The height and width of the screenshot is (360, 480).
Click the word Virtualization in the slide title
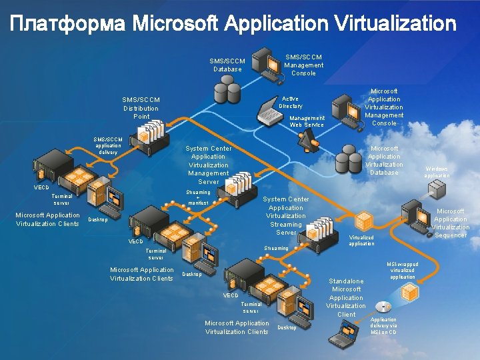click(395, 25)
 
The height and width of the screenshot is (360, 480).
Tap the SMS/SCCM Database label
click(227, 65)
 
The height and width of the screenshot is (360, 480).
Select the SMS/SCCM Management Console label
click(303, 65)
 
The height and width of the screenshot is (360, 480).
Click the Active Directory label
click(291, 102)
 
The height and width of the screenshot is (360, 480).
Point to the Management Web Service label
click(307, 121)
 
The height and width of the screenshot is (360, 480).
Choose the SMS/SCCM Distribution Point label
click(141, 108)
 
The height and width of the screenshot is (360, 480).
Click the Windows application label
click(437, 173)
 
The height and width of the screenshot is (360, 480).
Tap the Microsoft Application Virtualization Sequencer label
click(451, 223)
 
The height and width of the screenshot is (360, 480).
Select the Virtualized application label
click(362, 240)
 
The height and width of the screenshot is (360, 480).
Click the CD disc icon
click(383, 307)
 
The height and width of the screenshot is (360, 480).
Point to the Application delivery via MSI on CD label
click(383, 325)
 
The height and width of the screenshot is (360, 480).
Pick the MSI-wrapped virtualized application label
click(403, 270)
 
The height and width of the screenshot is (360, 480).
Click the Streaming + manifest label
click(198, 197)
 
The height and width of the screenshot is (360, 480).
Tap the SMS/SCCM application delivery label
click(108, 145)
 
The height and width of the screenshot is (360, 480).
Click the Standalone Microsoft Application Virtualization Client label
click(347, 297)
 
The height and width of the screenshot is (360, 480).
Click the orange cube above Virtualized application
click(364, 221)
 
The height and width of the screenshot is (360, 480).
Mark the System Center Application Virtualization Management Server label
click(209, 165)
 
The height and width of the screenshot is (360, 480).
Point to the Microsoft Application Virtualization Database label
click(384, 160)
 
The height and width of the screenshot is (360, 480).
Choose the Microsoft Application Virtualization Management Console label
click(384, 107)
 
